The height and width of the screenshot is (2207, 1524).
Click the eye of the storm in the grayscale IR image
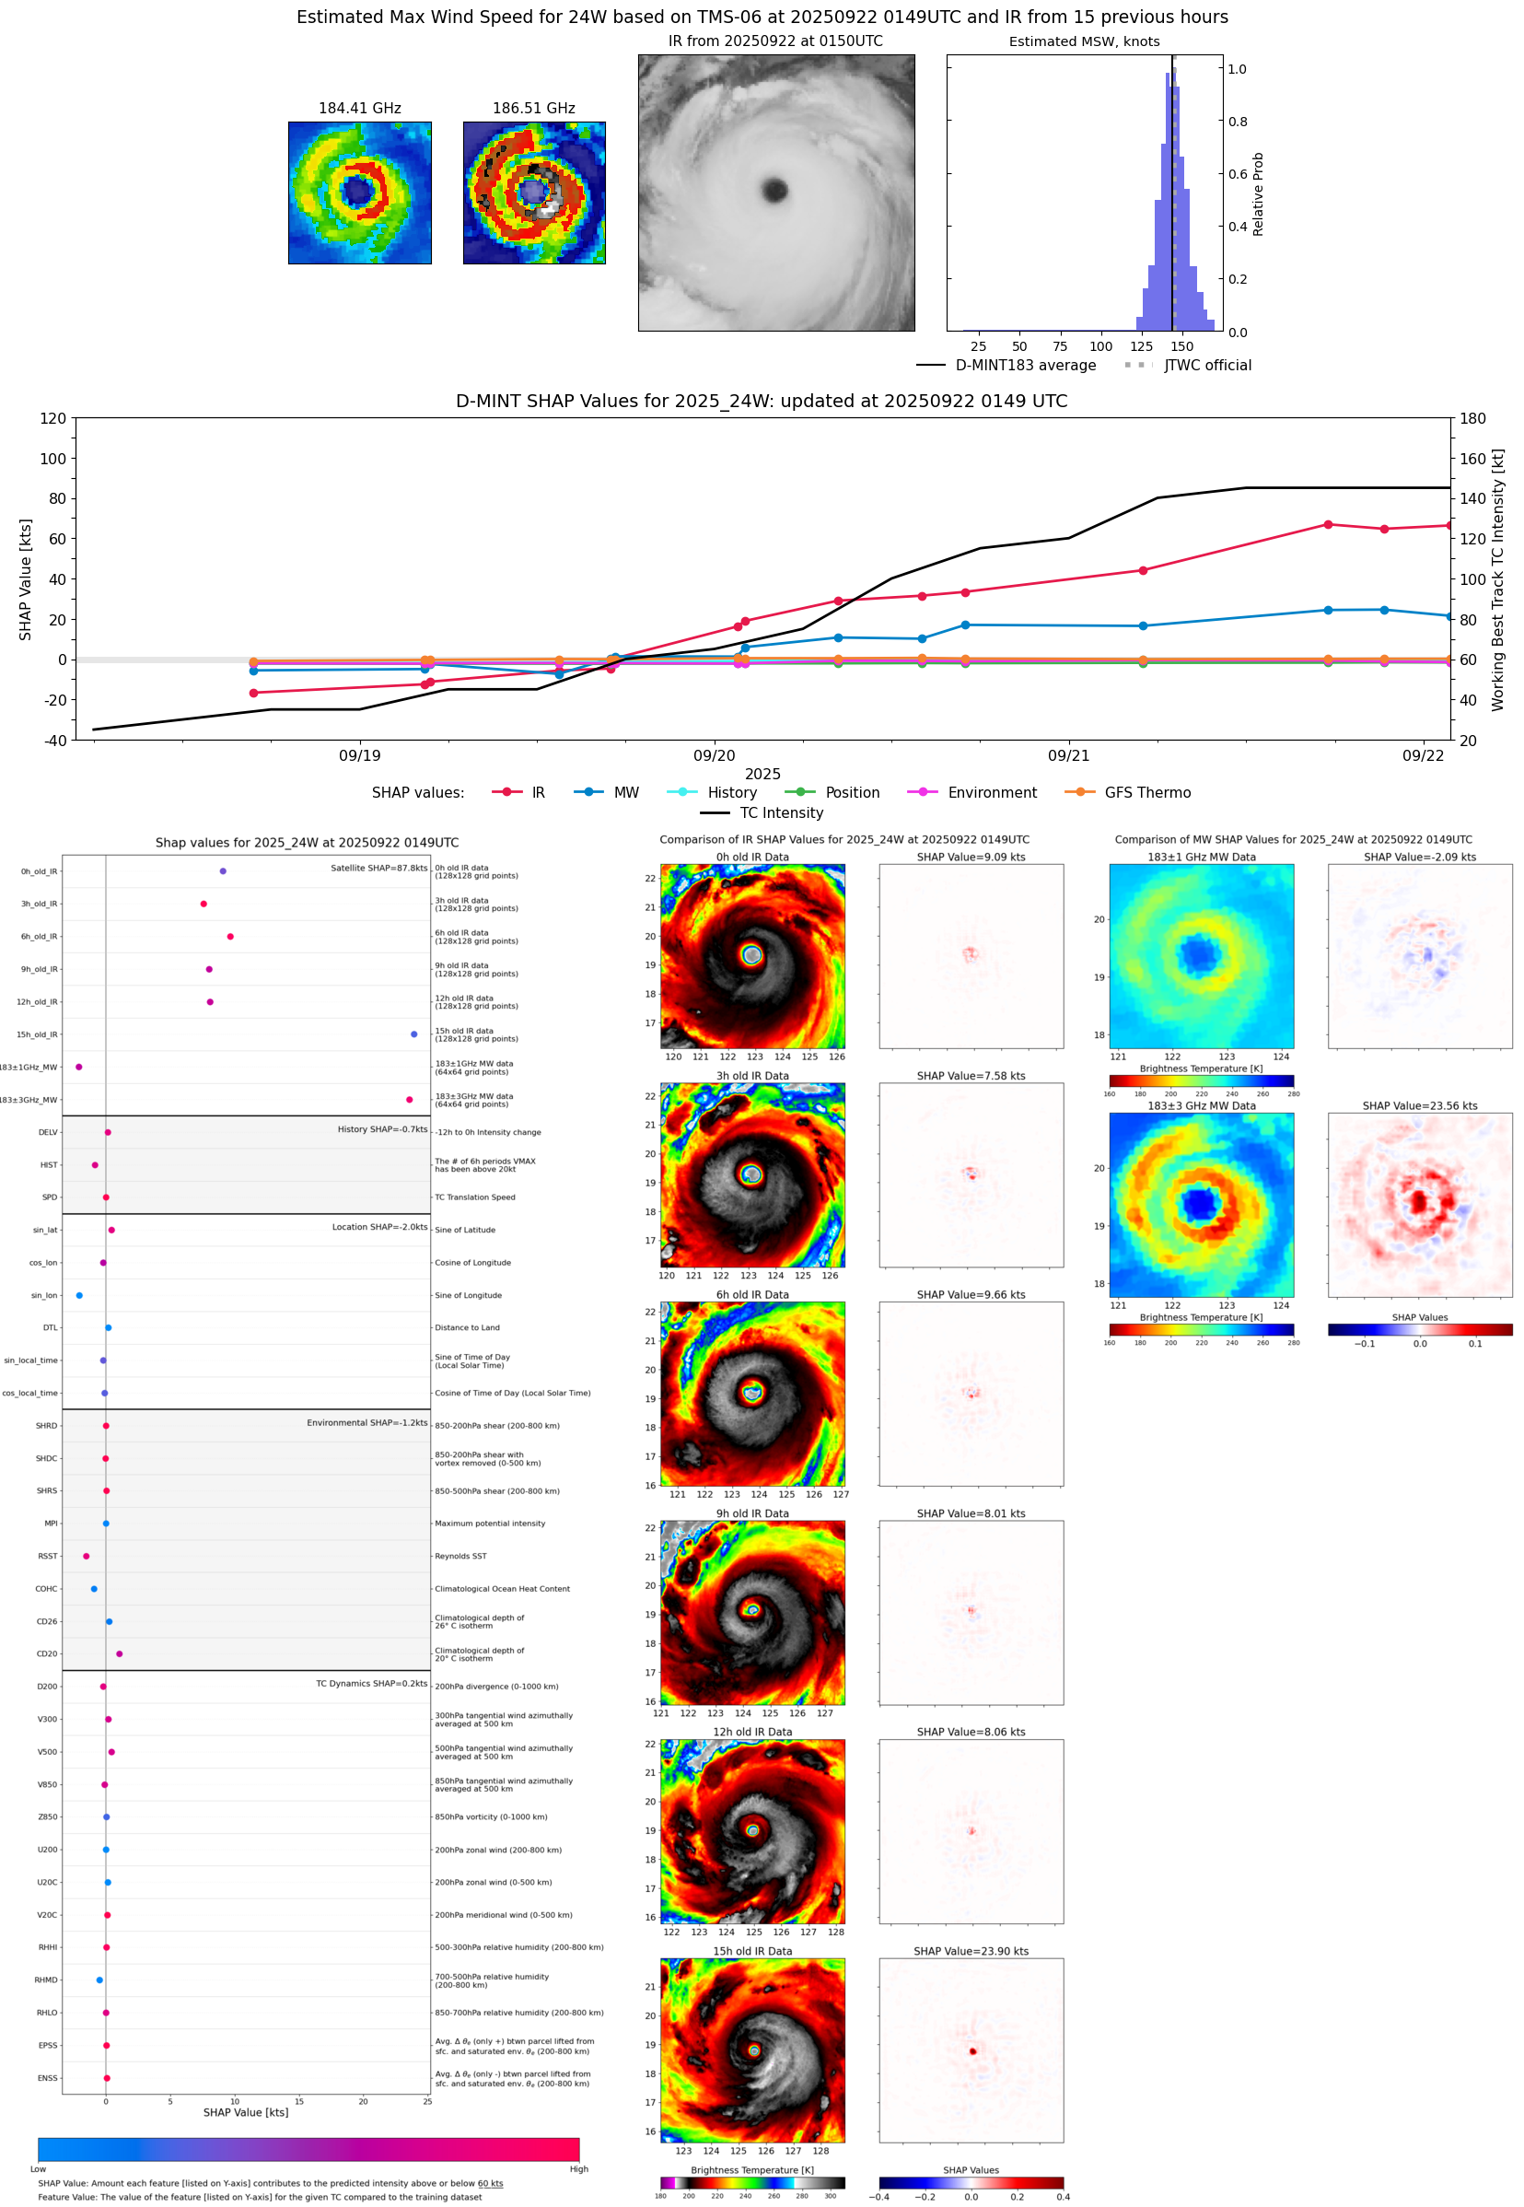coord(774,190)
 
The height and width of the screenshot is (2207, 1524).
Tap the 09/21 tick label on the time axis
coord(1067,755)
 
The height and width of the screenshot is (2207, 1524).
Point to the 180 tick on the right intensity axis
coord(1472,418)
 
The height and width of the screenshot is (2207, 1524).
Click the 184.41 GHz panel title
coord(359,109)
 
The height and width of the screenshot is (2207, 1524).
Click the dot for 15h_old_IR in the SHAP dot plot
coord(413,1034)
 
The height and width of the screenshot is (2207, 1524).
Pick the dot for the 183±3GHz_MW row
coord(410,1099)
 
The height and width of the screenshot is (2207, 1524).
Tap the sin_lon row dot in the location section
coord(79,1295)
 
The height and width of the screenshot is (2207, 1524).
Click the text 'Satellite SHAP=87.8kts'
coord(378,868)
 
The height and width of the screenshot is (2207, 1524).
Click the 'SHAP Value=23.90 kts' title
coord(971,1951)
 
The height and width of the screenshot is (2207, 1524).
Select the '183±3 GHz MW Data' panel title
coord(1202,1106)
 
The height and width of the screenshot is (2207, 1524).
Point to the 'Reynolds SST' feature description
coord(460,1556)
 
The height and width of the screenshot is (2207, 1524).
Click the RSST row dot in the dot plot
coord(86,1556)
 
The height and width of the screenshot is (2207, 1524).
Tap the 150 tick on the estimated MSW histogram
coord(1182,346)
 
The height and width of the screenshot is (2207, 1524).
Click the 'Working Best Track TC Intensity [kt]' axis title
coord(1497,578)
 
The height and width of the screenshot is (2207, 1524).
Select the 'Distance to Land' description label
coord(467,1327)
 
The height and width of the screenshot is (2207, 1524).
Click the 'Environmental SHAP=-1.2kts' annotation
coord(366,1423)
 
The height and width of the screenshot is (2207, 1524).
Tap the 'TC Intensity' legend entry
coord(780,812)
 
